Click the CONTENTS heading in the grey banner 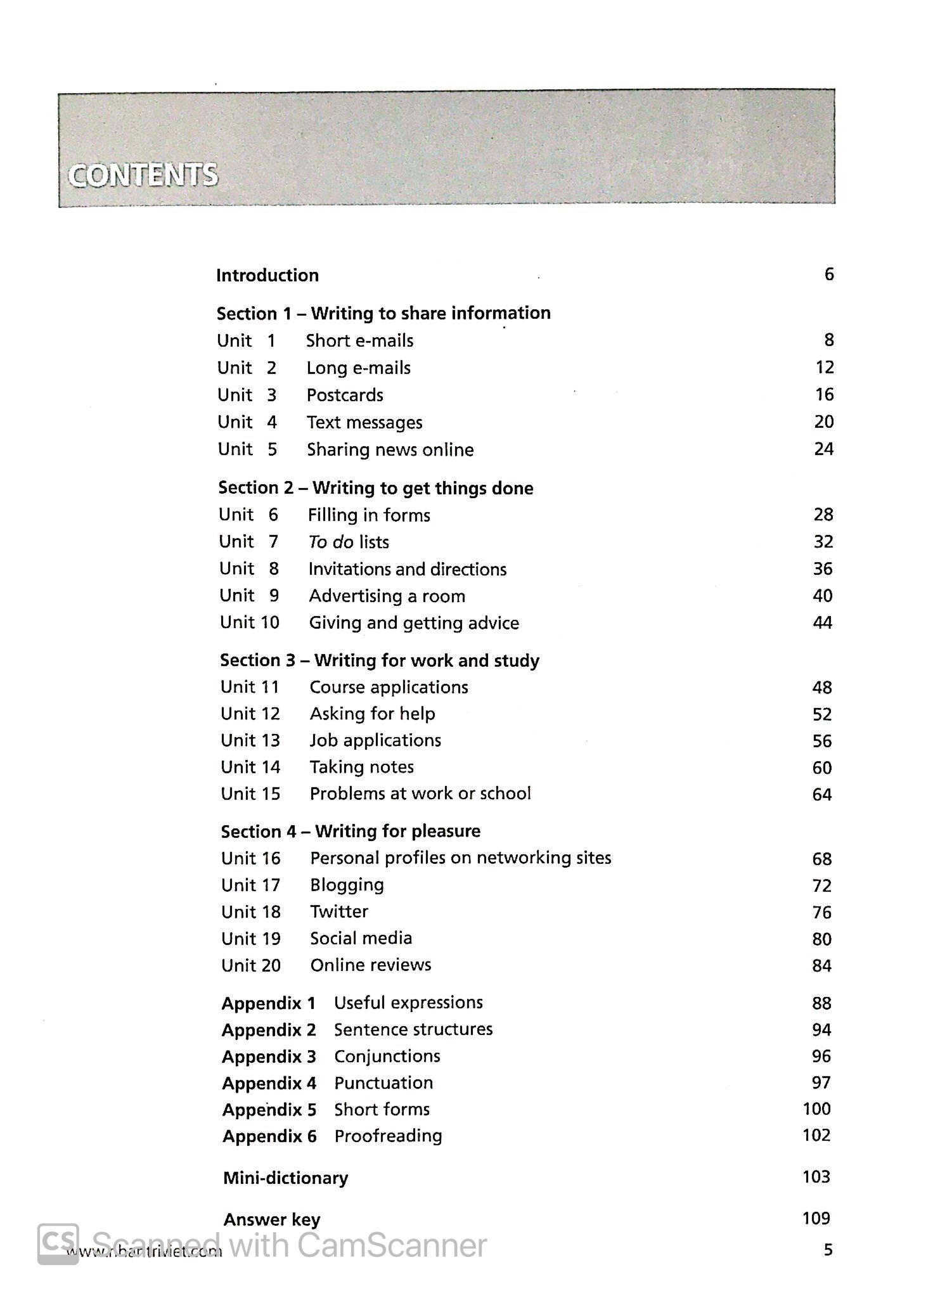coord(143,176)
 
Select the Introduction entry coord(267,275)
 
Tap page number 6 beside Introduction coord(828,274)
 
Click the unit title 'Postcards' coord(345,395)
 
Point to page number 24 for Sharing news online coord(823,449)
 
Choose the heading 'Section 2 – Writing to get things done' coord(375,488)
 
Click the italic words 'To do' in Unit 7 coord(331,542)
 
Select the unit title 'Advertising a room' coord(387,596)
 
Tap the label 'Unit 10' coord(249,622)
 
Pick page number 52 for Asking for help coord(821,714)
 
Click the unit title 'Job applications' coord(375,740)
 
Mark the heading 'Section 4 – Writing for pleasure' coord(351,831)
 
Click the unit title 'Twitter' coord(339,911)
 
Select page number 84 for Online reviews coord(821,965)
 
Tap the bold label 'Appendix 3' coord(269,1057)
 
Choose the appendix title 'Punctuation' coord(383,1083)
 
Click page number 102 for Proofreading coord(816,1134)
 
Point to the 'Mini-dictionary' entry coord(285,1178)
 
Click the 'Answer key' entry coord(271,1219)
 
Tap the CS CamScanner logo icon coord(58,1244)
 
